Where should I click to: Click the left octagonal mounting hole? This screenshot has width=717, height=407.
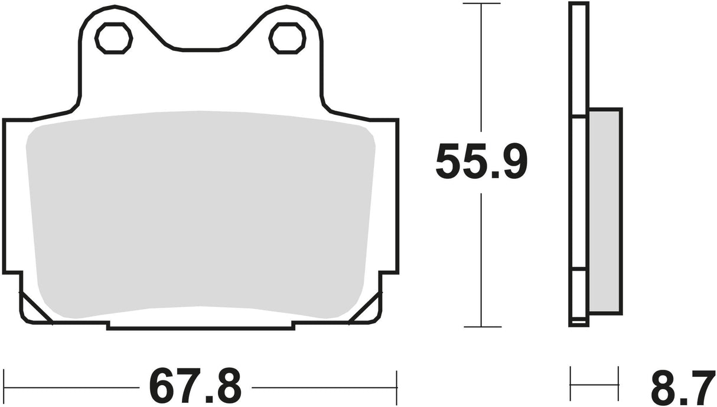coord(113,38)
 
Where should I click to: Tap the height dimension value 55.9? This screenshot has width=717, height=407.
coord(481,162)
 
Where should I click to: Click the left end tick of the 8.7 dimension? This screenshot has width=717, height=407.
coord(571,376)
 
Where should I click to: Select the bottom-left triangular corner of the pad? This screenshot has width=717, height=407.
coord(32,308)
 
